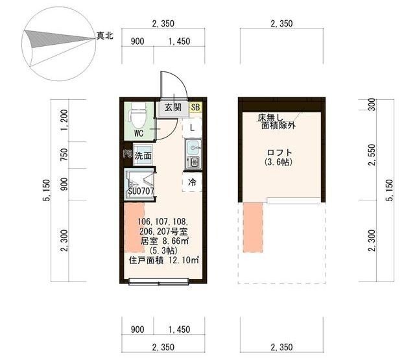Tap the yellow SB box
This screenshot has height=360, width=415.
pos(196,107)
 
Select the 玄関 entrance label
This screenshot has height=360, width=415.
pos(173,108)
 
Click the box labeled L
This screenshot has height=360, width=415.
pos(192,128)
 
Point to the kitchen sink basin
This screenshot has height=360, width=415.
pos(193,147)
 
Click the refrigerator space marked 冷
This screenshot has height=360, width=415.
pos(192,182)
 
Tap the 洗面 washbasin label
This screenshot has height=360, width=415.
pos(143,156)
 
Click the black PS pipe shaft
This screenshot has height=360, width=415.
pos(128,154)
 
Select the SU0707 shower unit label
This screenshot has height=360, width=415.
pos(141,191)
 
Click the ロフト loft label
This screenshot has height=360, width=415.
pos(279,152)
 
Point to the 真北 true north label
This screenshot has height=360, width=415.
pos(104,35)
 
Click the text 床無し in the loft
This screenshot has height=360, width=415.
pos(270,117)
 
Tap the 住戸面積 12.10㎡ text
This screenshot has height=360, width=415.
pos(164,260)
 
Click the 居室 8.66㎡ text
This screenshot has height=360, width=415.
pos(164,241)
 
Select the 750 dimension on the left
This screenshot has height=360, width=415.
pos(64,154)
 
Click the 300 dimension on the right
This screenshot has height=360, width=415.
pos(372,104)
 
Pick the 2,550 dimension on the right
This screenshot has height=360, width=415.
pos(372,155)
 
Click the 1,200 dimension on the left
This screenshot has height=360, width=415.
pos(64,120)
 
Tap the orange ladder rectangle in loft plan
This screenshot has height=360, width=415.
pos(253,228)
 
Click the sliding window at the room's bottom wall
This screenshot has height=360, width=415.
pos(158,282)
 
